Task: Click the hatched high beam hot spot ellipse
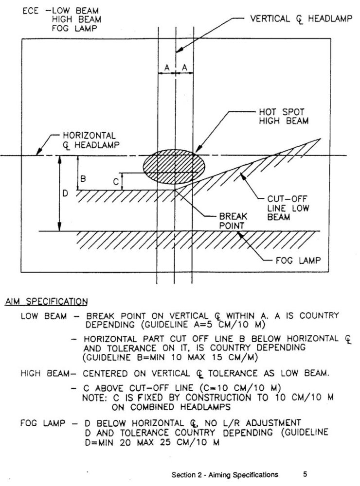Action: pos(174,166)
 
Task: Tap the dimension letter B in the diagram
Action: pos(84,179)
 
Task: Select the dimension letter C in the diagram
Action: pos(116,182)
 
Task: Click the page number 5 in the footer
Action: pos(305,474)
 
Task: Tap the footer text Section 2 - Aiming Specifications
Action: pos(225,474)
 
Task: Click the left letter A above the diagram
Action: pos(166,69)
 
